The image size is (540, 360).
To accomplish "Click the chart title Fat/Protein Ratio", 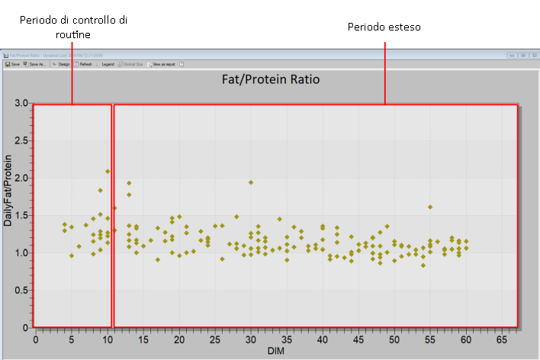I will (x=270, y=79).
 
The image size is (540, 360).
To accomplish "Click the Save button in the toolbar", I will (x=13, y=65).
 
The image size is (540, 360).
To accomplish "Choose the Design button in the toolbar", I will (x=61, y=65).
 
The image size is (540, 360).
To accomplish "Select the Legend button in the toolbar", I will (x=106, y=65).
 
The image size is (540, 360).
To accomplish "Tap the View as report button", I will (x=162, y=65).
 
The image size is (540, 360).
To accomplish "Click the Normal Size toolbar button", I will (x=132, y=65).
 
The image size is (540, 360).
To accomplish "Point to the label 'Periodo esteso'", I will (x=384, y=27).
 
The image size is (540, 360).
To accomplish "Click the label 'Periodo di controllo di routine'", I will (x=73, y=27).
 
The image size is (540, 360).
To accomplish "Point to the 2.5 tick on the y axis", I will (x=21, y=140).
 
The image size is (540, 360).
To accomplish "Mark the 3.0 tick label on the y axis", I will (x=21, y=103).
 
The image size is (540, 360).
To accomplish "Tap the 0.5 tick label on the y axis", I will (x=21, y=291).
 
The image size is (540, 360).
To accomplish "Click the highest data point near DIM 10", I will (x=108, y=172).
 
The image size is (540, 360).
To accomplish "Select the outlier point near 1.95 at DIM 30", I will (x=251, y=182).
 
